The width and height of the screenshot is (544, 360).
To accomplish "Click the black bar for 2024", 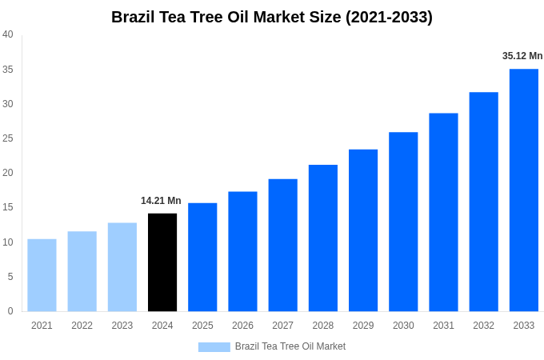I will coord(162,262).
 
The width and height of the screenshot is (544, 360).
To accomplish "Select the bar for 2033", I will coord(524,190).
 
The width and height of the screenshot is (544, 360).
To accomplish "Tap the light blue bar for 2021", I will coord(42,274).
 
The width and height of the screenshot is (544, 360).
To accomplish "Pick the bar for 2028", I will coord(323,238).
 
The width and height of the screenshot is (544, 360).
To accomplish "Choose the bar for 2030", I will coord(403,222).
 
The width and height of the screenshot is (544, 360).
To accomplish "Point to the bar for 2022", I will coord(82,271).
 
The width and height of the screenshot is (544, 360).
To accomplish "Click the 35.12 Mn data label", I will coord(522,56).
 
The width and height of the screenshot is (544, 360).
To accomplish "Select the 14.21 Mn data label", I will coord(161,201).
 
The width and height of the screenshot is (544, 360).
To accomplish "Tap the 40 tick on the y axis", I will coord(8,34).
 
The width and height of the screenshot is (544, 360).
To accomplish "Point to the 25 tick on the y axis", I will coord(8,138).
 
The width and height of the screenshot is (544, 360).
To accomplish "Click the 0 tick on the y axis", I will coord(10,311).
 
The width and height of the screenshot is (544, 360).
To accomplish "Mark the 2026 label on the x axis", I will coord(242,326).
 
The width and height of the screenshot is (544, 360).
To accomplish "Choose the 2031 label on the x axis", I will coord(443,326).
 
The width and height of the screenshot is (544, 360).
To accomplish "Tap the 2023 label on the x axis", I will coord(122,326).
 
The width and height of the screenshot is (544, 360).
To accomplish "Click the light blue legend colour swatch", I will coord(214,346).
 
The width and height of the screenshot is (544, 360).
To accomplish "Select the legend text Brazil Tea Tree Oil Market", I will coord(290,346).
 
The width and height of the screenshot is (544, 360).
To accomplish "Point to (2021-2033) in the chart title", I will coord(389,17).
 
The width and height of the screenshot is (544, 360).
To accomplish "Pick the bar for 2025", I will coord(202,257).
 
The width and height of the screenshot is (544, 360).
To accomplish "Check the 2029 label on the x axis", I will coord(363,326).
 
